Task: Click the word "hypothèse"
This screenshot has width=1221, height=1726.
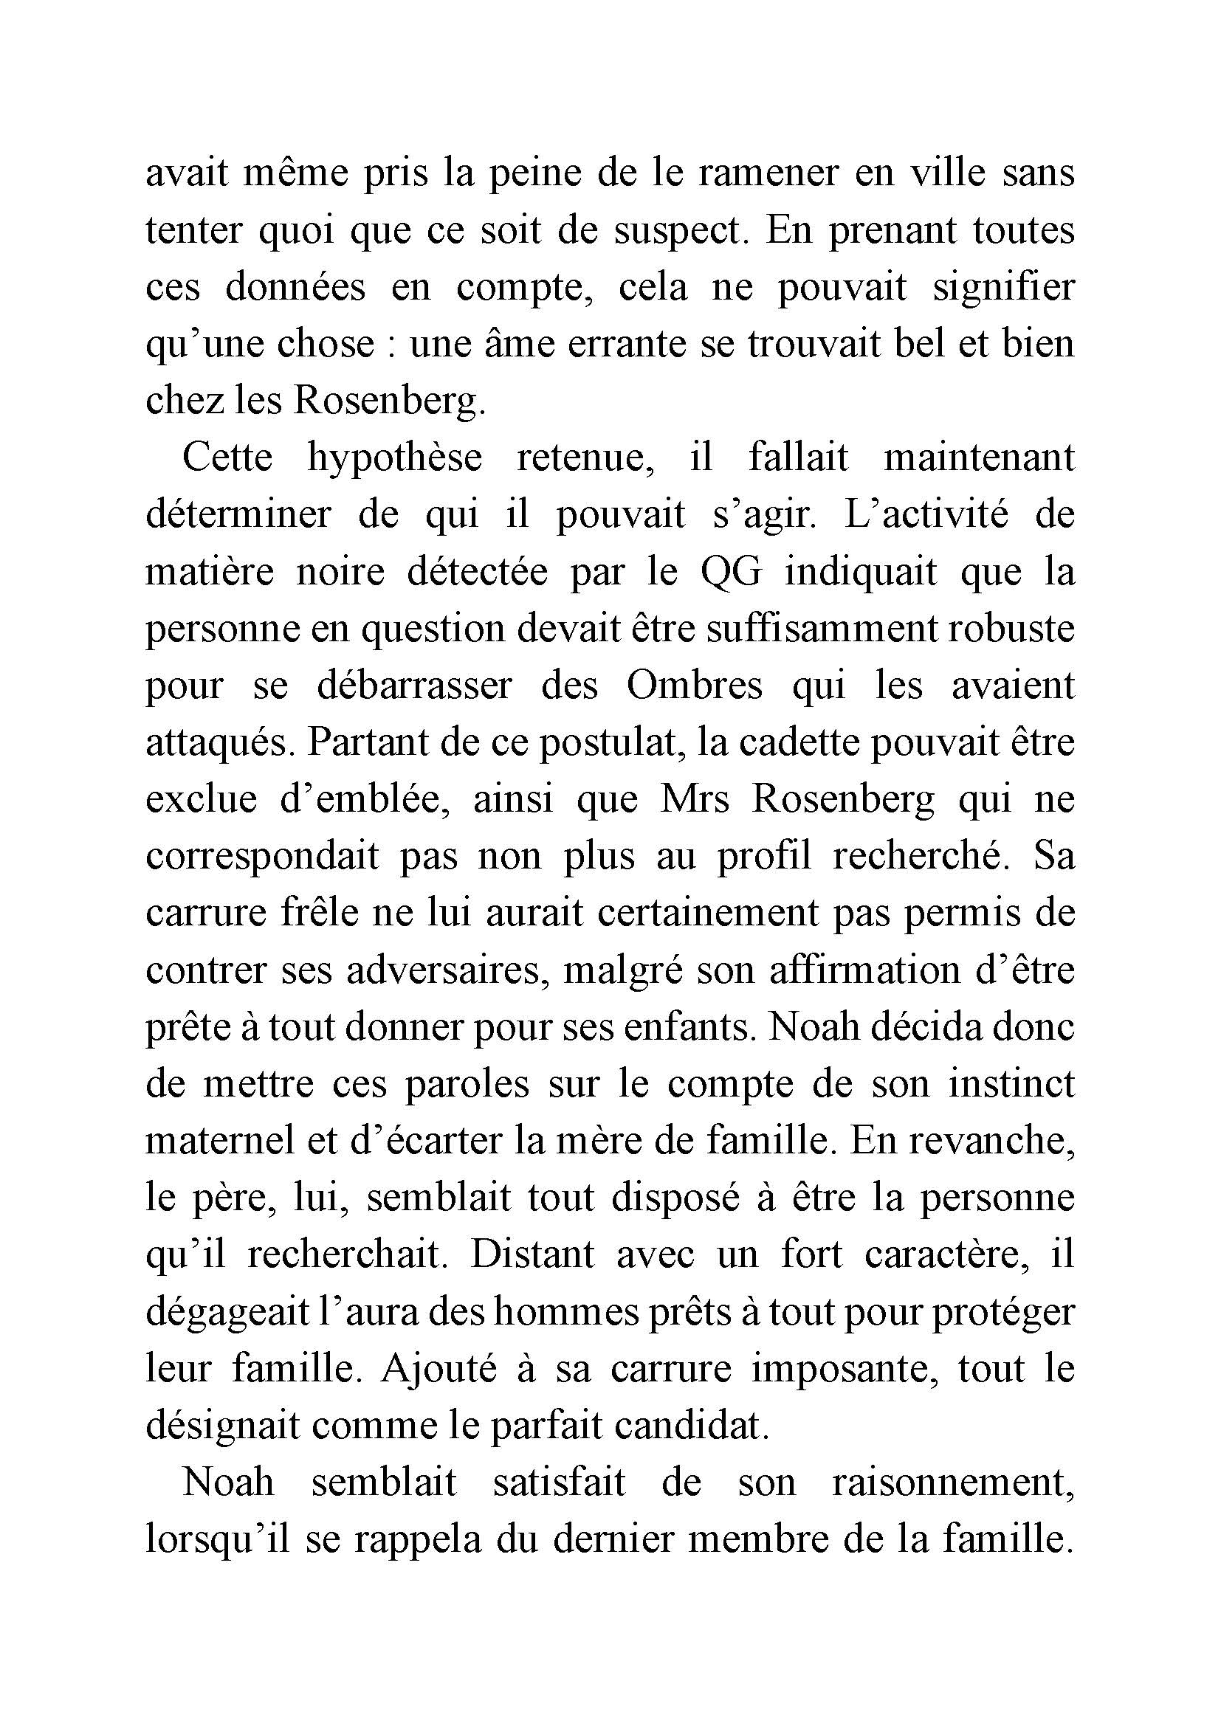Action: click(x=394, y=458)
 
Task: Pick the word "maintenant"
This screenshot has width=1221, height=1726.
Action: click(x=979, y=458)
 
